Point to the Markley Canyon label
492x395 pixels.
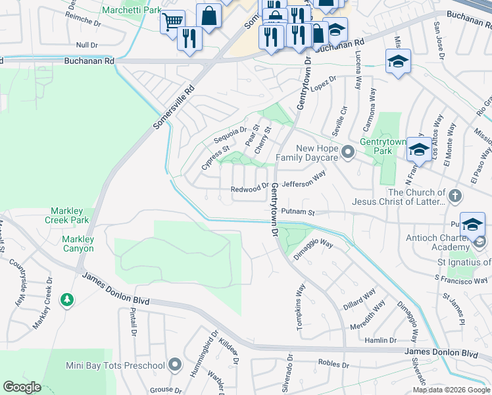78,244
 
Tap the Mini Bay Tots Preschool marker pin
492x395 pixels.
174,364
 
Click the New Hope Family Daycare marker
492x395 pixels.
349,153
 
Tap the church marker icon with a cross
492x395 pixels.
455,196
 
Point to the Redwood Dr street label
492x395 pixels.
250,190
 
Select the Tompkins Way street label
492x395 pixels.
301,302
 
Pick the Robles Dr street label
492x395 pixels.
333,364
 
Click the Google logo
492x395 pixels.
22,387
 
